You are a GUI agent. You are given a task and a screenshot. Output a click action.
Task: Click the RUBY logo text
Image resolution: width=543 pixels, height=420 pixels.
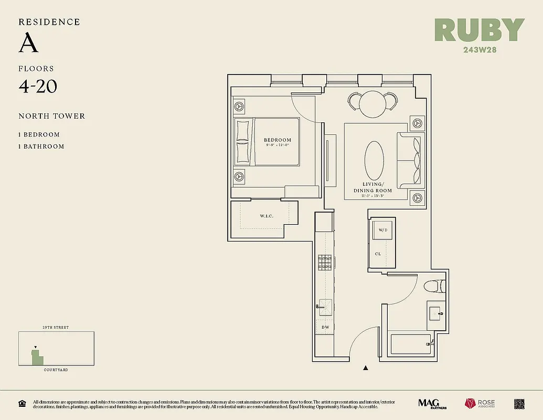(x=479, y=30)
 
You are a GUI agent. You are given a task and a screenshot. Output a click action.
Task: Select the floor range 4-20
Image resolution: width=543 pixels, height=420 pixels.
(x=38, y=86)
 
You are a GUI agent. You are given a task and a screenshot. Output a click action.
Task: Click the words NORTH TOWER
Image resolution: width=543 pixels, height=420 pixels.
(x=51, y=116)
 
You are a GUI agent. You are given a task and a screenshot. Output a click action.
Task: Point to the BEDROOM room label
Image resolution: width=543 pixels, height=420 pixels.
(x=277, y=140)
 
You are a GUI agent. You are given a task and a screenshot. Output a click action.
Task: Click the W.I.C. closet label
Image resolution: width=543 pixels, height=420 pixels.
(x=267, y=216)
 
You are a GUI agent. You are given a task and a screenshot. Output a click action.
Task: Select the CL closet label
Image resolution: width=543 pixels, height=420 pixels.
(x=378, y=254)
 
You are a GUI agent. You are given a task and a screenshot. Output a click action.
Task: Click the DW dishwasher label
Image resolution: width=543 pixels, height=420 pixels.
(x=325, y=328)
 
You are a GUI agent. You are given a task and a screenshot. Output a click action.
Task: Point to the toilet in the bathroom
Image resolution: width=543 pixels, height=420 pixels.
(x=433, y=286)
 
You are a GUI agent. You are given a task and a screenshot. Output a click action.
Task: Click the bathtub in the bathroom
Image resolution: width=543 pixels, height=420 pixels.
(x=410, y=344)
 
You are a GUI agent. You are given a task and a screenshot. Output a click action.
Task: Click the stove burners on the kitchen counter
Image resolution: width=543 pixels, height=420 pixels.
(x=325, y=262)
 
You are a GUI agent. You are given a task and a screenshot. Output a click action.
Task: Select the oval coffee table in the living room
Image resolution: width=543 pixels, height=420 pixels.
(x=374, y=162)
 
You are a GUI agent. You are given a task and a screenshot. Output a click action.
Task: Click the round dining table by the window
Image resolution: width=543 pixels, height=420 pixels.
(x=372, y=103)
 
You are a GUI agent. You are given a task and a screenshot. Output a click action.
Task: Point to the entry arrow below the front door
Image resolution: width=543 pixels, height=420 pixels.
(x=366, y=369)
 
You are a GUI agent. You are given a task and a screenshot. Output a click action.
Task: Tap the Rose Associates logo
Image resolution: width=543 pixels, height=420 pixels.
(x=479, y=404)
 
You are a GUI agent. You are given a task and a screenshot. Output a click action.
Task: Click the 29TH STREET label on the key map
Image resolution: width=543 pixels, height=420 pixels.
(x=56, y=328)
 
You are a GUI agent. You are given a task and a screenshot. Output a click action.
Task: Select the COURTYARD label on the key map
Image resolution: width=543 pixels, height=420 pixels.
(x=56, y=370)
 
